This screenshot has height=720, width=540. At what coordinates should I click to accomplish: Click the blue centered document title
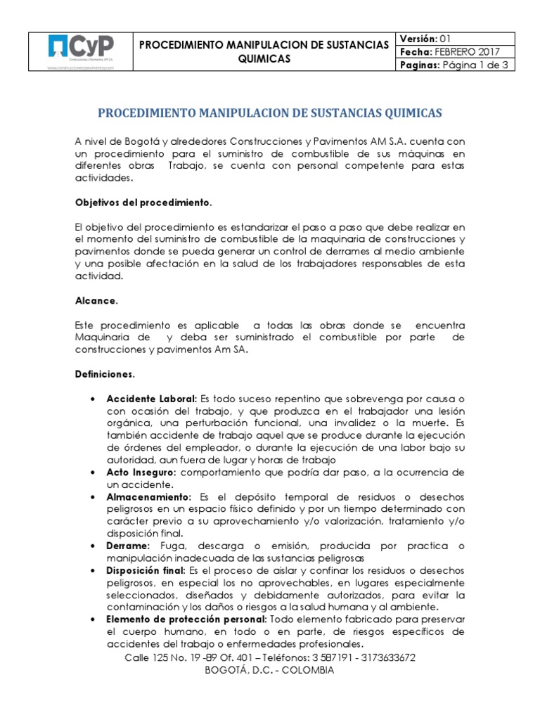[269, 112]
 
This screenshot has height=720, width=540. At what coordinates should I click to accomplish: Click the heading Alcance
[96, 300]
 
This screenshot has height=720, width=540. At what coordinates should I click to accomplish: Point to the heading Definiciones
[105, 374]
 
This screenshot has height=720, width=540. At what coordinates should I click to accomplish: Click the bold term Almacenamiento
[148, 496]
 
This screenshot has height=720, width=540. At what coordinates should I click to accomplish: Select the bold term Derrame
[127, 546]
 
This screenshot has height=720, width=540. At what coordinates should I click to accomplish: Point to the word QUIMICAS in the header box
[264, 59]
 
